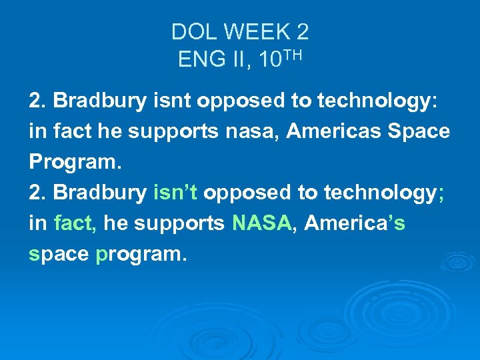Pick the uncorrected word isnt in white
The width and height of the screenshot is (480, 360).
174,101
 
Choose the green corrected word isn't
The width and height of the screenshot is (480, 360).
175,193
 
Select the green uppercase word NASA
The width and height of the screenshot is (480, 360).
262,223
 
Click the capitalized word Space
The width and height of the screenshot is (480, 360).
419,131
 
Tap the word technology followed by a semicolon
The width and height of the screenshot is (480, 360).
376,193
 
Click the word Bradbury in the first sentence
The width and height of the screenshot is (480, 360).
99,101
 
